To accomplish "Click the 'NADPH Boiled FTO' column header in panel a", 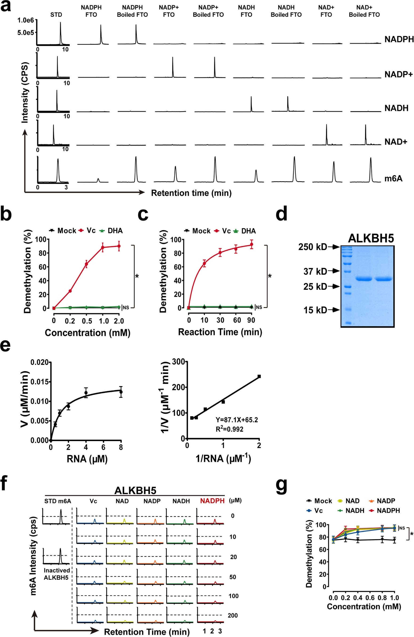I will pyautogui.click(x=132, y=11).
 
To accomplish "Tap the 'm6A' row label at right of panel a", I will pyautogui.click(x=393, y=178).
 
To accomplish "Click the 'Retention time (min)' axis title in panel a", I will pyautogui.click(x=191, y=193).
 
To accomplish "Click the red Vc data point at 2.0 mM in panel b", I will pyautogui.click(x=119, y=246).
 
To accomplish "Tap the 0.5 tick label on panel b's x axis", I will pyautogui.click(x=87, y=321).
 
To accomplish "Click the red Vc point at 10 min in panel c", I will pyautogui.click(x=204, y=263).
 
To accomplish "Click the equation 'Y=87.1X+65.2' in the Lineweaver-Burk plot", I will pyautogui.click(x=237, y=420).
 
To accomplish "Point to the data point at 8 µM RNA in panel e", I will pyautogui.click(x=121, y=392).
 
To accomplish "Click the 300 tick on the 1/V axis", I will pyautogui.click(x=179, y=362).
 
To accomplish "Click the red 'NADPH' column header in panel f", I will pyautogui.click(x=212, y=501).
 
